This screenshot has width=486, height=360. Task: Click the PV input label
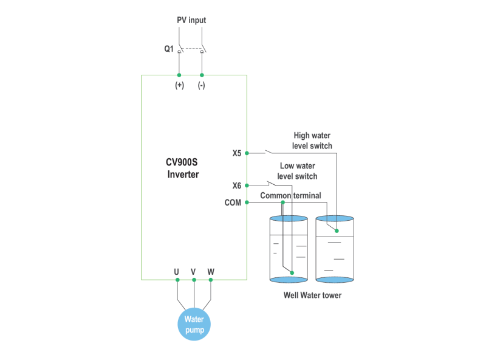[191, 20]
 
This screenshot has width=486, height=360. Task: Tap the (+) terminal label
[179, 86]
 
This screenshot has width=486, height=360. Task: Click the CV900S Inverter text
[183, 168]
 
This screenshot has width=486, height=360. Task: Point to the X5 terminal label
[237, 153]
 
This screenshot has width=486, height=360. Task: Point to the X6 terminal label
[237, 185]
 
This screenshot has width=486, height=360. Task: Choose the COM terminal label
[233, 202]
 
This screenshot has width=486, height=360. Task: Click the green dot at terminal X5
[247, 153]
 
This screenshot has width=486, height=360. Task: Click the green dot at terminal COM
[247, 202]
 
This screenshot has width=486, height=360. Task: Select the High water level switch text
[312, 140]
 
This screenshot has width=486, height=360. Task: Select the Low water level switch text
[298, 171]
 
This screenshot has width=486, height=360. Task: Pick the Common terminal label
[290, 195]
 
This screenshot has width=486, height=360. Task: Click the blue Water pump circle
[194, 324]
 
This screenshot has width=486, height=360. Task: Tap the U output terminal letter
[177, 271]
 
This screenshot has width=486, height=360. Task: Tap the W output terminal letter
[211, 271]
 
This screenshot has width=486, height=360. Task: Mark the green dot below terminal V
[194, 280]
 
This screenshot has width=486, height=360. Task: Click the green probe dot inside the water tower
[337, 230]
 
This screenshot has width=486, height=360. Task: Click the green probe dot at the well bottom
[292, 273]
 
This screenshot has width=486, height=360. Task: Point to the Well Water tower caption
[312, 296]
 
